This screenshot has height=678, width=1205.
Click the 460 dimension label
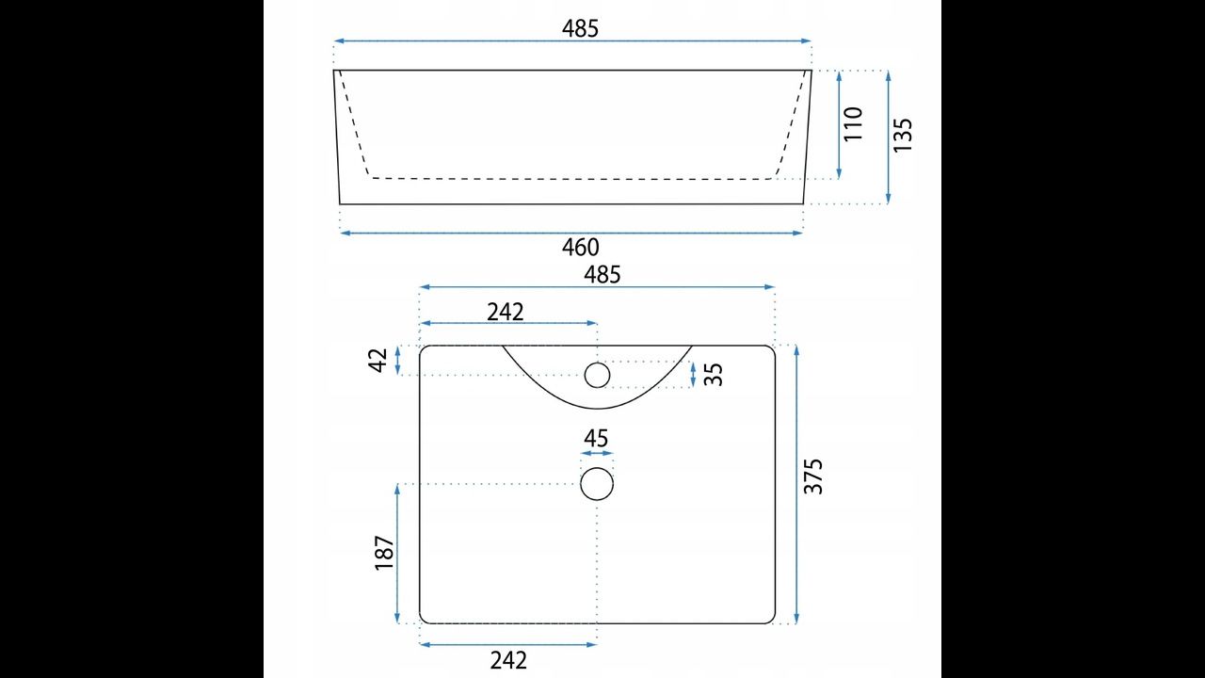(581, 248)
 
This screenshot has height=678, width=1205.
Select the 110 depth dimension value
(853, 124)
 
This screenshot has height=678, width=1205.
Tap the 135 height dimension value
(903, 135)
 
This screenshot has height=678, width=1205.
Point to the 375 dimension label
(812, 476)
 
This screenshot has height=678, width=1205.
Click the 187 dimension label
(385, 553)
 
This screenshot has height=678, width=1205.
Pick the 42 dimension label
(378, 360)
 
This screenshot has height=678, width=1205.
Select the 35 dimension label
(714, 375)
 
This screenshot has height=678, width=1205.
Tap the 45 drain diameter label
(596, 439)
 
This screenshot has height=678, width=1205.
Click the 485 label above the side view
(580, 28)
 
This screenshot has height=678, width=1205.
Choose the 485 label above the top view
(602, 275)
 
